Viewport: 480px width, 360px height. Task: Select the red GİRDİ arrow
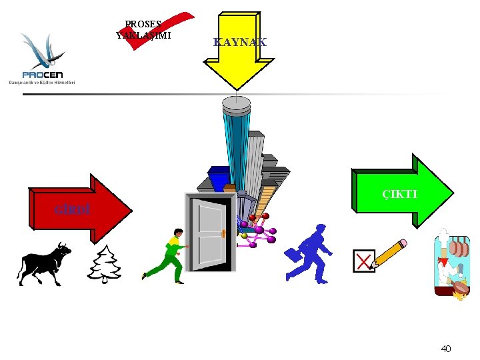[x=80, y=208]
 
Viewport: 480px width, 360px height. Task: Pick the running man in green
[x=167, y=256]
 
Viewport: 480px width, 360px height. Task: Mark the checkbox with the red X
[x=364, y=261]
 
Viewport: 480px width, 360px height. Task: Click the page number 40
[x=446, y=348]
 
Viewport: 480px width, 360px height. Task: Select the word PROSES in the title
[x=143, y=24]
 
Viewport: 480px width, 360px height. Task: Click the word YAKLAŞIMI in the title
[x=143, y=35]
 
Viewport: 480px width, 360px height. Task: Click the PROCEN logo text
[x=42, y=73]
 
